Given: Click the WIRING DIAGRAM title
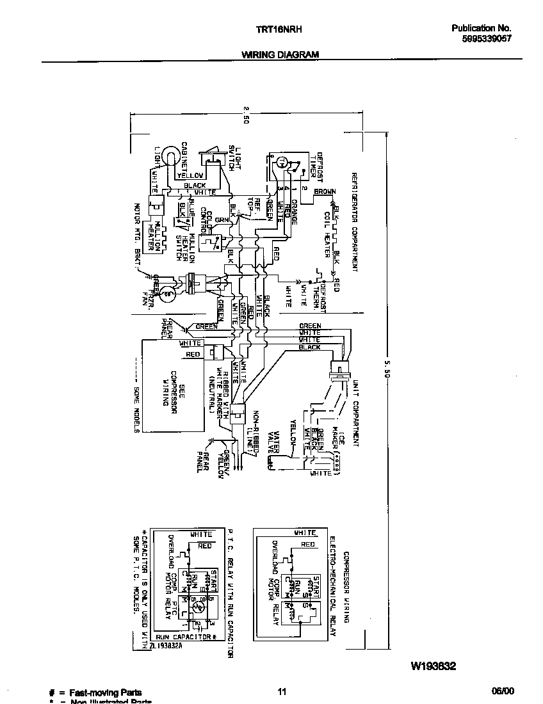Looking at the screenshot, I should tap(280, 55).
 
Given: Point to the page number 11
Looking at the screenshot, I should tap(282, 691).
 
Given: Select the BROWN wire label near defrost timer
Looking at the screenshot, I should tap(325, 191).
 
